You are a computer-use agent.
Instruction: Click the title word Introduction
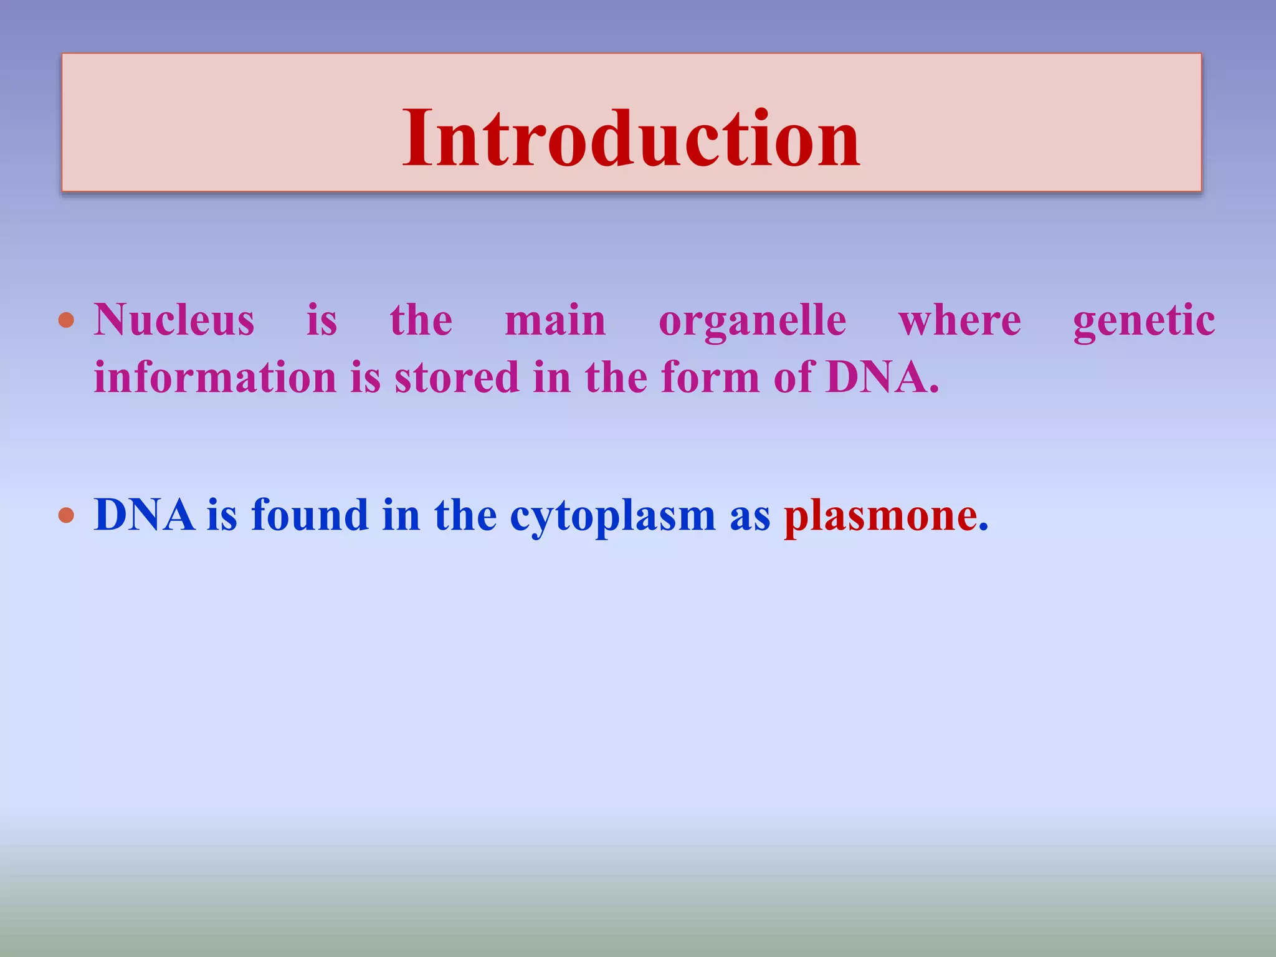631,138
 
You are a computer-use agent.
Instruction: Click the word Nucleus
174,320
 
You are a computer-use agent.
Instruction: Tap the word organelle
752,321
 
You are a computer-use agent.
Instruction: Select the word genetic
1144,321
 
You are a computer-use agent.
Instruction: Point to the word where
959,320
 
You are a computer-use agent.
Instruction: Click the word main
555,320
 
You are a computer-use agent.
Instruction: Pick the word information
215,378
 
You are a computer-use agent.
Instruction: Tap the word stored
456,378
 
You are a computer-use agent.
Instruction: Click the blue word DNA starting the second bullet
144,515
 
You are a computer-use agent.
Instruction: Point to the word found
310,515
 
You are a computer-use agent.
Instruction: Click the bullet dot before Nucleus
66,321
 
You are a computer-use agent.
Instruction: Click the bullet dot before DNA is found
66,516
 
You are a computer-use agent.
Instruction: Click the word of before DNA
793,378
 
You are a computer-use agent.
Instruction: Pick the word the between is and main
421,320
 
